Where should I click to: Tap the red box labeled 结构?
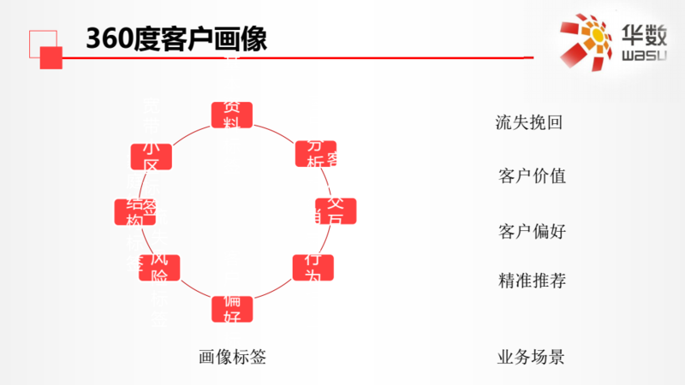[x=134, y=212]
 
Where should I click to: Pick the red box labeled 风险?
[x=159, y=268]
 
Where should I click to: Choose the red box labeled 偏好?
[x=232, y=308]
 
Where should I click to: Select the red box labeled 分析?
[x=316, y=154]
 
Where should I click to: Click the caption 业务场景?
[x=531, y=357]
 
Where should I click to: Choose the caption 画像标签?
[x=232, y=357]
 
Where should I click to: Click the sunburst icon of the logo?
[x=587, y=41]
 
